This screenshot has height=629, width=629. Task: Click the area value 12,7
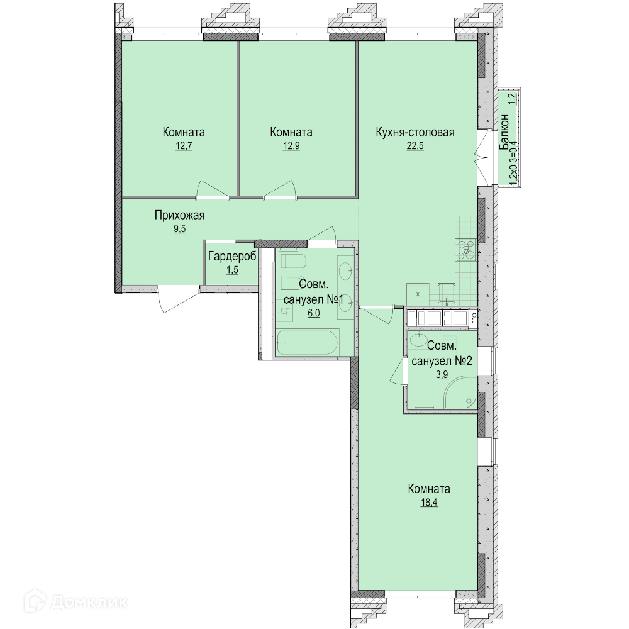click(x=184, y=146)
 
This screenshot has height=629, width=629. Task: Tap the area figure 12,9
click(x=291, y=146)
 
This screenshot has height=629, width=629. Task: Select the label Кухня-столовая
click(x=415, y=132)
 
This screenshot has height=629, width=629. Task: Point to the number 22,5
click(x=415, y=146)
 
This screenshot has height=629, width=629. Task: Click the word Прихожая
click(x=180, y=215)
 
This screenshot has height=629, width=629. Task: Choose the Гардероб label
click(x=232, y=257)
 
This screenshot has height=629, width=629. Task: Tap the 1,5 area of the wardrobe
click(x=232, y=270)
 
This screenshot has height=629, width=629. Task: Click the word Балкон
click(x=504, y=132)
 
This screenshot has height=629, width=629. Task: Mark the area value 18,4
click(x=429, y=502)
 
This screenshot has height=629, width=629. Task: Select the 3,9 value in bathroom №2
click(x=442, y=374)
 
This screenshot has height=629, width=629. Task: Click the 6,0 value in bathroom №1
click(x=314, y=313)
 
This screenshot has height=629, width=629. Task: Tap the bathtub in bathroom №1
click(x=308, y=342)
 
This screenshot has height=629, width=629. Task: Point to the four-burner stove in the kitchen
click(x=465, y=249)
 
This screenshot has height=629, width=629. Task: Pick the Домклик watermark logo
click(x=76, y=602)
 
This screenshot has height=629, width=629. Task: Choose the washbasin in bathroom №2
click(x=418, y=340)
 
